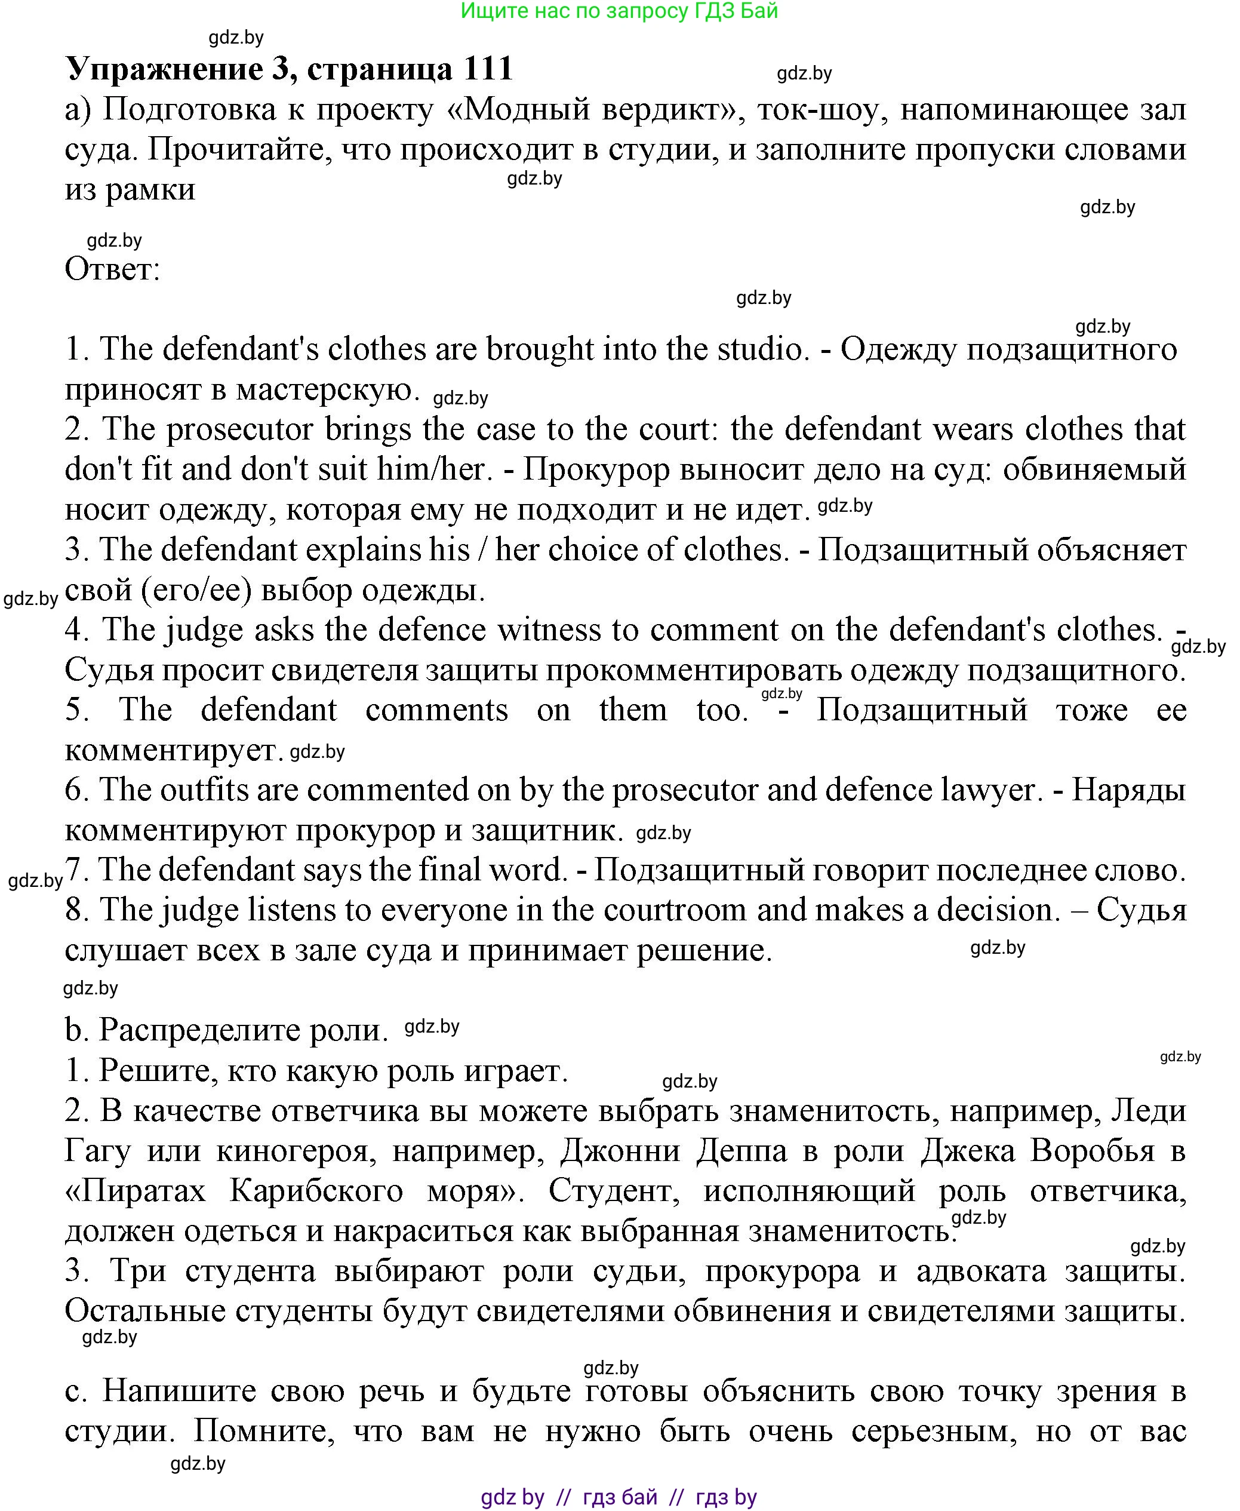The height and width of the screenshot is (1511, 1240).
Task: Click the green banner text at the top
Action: pyautogui.click(x=619, y=11)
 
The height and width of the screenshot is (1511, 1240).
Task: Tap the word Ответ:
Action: pyautogui.click(x=112, y=269)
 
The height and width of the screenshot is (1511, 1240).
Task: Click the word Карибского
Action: pyautogui.click(x=317, y=1191)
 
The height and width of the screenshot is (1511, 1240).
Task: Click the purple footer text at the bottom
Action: pyautogui.click(x=619, y=1497)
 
